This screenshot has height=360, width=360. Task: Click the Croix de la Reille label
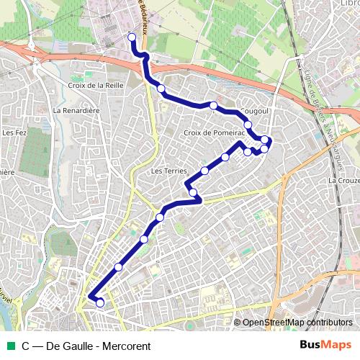[97, 85]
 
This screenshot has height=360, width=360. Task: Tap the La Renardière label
[76, 112]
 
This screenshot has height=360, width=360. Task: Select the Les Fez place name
[14, 132]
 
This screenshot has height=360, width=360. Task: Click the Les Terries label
[169, 171]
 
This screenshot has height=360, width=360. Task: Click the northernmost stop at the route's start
[131, 37]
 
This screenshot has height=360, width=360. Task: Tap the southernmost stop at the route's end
[100, 303]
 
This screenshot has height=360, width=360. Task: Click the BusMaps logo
[326, 346]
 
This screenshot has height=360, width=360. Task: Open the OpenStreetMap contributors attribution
[297, 323]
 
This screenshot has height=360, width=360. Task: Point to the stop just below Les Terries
[193, 192]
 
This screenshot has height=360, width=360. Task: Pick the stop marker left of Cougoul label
[214, 106]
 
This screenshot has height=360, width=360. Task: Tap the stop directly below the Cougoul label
[248, 125]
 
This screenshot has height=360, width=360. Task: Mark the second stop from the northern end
[161, 89]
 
